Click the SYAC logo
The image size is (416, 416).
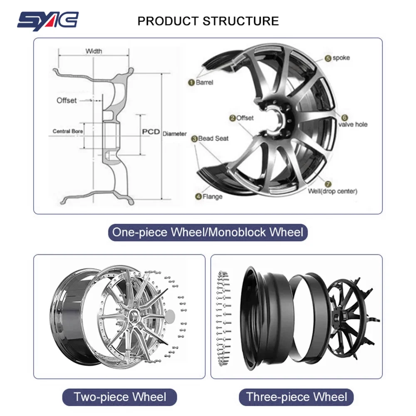tap(47, 20)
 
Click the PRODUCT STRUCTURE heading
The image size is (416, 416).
tap(208, 21)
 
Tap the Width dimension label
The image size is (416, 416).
tap(94, 51)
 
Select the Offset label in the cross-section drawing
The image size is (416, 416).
tap(67, 100)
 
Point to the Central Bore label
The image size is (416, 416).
tap(68, 131)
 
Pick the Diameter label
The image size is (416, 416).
tap(175, 134)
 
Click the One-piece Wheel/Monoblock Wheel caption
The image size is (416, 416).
tap(208, 232)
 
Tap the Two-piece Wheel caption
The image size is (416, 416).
tap(120, 396)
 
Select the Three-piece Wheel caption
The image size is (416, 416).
tap(296, 396)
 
